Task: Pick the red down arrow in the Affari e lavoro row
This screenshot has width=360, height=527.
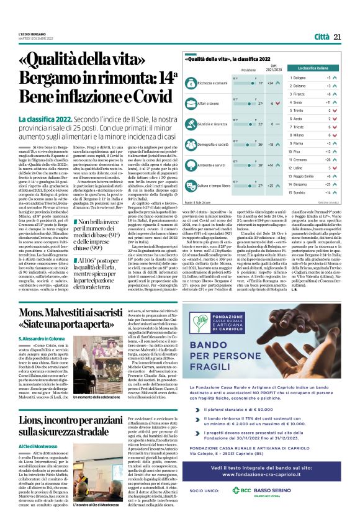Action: click(280, 104)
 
